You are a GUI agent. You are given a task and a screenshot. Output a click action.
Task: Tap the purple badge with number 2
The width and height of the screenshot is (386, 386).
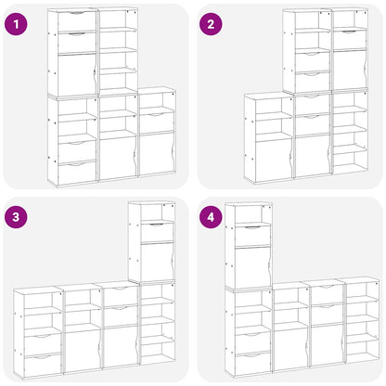[213, 22]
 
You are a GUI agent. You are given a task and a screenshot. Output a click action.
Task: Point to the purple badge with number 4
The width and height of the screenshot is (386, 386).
[213, 216]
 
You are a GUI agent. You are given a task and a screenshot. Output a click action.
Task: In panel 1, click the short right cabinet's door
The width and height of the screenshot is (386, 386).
[155, 152]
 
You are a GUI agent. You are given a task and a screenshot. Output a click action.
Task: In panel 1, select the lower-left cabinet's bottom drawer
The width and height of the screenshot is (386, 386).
[75, 171]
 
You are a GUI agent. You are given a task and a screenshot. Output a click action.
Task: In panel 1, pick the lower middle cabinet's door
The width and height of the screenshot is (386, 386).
[118, 157]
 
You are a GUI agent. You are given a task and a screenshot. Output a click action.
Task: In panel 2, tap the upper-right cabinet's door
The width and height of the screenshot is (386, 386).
[350, 70]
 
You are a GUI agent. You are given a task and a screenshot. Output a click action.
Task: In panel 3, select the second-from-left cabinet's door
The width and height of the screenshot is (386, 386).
[82, 345]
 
